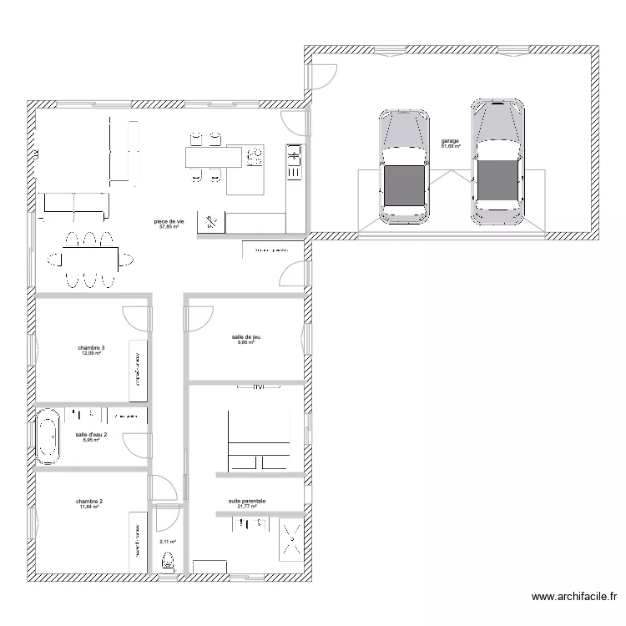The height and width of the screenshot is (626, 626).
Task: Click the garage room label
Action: pos(451,142)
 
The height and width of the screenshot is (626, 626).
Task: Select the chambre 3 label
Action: pos(91,348)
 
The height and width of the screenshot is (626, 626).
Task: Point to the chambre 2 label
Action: pos(90,502)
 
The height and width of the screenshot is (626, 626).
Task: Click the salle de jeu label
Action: pos(246,337)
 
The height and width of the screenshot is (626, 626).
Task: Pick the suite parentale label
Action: pos(247,502)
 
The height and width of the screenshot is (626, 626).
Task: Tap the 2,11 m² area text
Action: pos(168,541)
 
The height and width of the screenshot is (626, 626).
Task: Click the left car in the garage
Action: pos(405,167)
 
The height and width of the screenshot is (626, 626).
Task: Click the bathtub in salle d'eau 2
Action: pos(48,436)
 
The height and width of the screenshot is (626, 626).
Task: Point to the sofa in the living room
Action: pos(75,203)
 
